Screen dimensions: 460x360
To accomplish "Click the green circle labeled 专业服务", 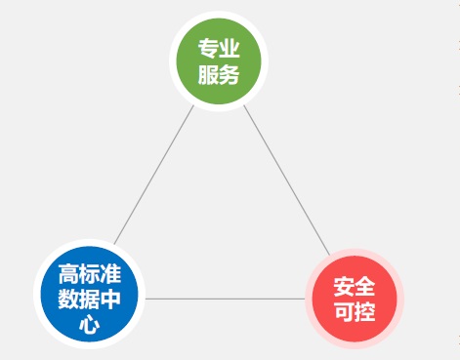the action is [219, 60].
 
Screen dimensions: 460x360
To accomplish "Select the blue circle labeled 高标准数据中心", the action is [89, 297].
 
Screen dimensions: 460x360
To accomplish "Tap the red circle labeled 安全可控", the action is [354, 299].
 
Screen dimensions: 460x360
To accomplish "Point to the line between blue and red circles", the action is [224, 299].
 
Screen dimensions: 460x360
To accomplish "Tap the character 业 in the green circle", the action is [230, 49].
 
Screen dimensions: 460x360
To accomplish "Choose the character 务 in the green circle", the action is [230, 74].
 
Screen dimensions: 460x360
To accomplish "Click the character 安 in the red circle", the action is [343, 287].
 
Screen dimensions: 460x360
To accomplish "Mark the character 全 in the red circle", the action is [364, 287].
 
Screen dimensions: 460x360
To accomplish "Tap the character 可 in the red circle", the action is [343, 312].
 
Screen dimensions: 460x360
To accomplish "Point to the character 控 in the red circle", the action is [364, 312].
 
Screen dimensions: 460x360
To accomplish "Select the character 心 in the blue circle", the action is [89, 324].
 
